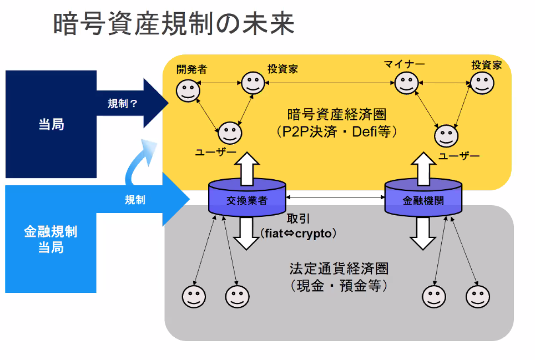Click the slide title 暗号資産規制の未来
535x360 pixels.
pos(174,24)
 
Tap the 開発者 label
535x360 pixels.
pos(192,69)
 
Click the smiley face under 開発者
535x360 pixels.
pos(188,90)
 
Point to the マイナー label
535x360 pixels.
pos(405,64)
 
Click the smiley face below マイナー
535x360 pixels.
pos(406,83)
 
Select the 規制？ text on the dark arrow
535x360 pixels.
pos(123,103)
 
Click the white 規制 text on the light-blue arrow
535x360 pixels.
pos(135,200)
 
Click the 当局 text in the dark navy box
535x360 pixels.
pos(51,124)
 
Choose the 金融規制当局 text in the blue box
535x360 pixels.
pos(51,239)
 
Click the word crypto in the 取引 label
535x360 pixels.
pos(313,234)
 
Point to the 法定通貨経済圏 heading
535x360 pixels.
pos(339,268)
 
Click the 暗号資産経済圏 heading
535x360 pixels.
pos(337,114)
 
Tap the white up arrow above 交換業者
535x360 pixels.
pos(247,169)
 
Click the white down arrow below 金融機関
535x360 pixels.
pos(423,234)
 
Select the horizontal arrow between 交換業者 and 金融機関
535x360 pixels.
pos(335,197)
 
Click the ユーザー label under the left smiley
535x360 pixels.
pos(216,152)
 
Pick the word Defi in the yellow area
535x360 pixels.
pos(365,131)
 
